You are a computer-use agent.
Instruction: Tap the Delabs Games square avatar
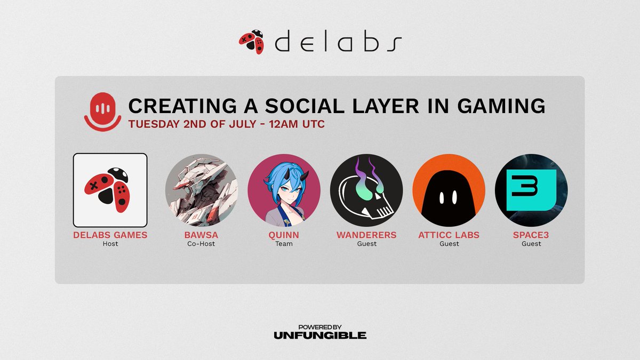(110, 190)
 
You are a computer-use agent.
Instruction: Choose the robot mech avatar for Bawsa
(201, 190)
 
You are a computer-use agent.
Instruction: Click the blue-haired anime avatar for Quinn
(284, 190)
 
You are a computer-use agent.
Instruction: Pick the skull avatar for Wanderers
(366, 190)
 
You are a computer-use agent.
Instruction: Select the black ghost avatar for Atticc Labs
(449, 190)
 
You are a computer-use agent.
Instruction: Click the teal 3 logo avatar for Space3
(531, 190)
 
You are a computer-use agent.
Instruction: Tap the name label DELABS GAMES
(110, 235)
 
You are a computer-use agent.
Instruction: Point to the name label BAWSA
(201, 235)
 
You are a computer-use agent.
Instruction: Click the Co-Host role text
(201, 244)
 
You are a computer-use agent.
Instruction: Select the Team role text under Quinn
(284, 244)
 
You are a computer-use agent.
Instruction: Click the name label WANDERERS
(366, 235)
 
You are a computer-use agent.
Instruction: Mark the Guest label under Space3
(531, 244)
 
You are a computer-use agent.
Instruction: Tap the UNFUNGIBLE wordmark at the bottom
(320, 335)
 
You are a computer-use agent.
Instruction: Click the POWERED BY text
(320, 326)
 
